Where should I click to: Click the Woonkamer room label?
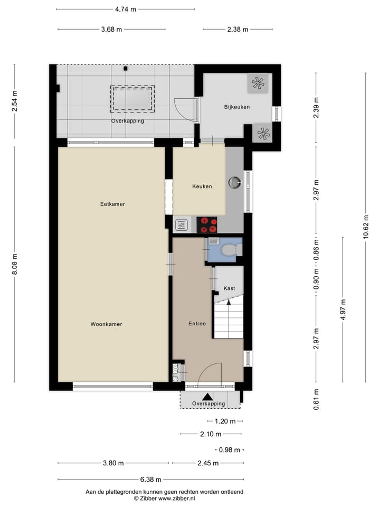106,324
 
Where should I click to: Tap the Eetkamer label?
112,204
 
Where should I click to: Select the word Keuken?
202,186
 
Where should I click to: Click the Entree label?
197,324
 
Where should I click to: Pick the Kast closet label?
229,288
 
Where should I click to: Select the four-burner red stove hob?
207,225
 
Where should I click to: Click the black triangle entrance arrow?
208,396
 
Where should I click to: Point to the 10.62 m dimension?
365,228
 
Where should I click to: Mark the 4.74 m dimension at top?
125,9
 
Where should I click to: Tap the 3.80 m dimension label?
113,463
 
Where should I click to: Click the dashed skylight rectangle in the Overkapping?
132,99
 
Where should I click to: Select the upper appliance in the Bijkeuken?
258,83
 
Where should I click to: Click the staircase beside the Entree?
229,320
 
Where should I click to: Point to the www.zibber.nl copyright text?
164,498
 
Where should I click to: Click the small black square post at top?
126,68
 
